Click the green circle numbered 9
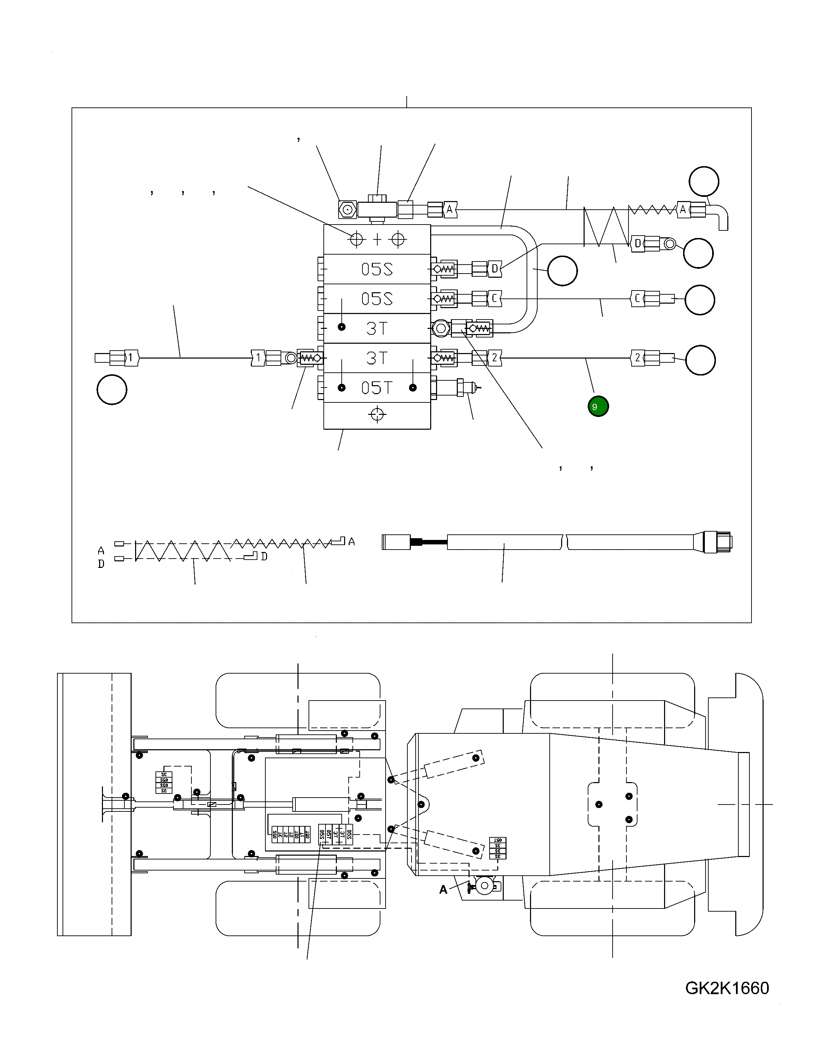pyautogui.click(x=598, y=406)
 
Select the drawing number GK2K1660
pyautogui.click(x=727, y=988)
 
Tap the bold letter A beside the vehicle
pyautogui.click(x=443, y=890)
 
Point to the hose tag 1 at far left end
pyautogui.click(x=130, y=358)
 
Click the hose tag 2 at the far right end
pyautogui.click(x=637, y=358)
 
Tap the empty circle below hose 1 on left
pyautogui.click(x=112, y=390)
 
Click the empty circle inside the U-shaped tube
pyautogui.click(x=562, y=271)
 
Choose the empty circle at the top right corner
pyautogui.click(x=704, y=181)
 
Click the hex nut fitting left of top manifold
pyautogui.click(x=347, y=210)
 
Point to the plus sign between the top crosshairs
pyautogui.click(x=378, y=239)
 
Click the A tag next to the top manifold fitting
pyautogui.click(x=449, y=210)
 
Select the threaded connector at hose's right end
pyautogui.click(x=717, y=542)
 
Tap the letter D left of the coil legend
pyautogui.click(x=101, y=564)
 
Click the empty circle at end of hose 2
pyautogui.click(x=700, y=360)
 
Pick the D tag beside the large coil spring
pyautogui.click(x=637, y=243)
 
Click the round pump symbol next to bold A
pyautogui.click(x=485, y=885)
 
